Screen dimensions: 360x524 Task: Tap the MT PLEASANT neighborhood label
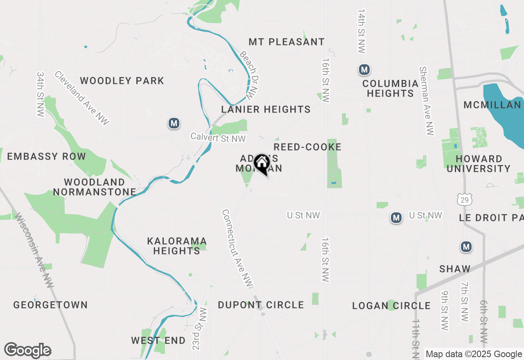(x=287, y=42)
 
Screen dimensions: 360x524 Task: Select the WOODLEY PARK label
(x=122, y=81)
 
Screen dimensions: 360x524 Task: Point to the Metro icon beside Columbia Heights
(x=364, y=70)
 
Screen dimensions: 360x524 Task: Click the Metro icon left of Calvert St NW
(x=174, y=123)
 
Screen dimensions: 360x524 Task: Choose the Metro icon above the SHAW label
(x=466, y=247)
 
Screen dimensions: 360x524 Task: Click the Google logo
(x=27, y=350)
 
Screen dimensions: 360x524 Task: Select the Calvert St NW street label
(x=218, y=138)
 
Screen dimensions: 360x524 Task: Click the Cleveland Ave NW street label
(x=82, y=98)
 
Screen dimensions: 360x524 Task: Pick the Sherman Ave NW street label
(x=426, y=101)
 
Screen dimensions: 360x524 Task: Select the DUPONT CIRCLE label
(x=261, y=305)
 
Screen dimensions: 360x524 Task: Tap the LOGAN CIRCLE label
(x=391, y=306)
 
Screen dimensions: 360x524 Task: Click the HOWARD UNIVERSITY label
(x=479, y=164)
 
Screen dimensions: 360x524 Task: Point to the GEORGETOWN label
(x=50, y=305)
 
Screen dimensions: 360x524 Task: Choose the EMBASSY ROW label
(x=46, y=156)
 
